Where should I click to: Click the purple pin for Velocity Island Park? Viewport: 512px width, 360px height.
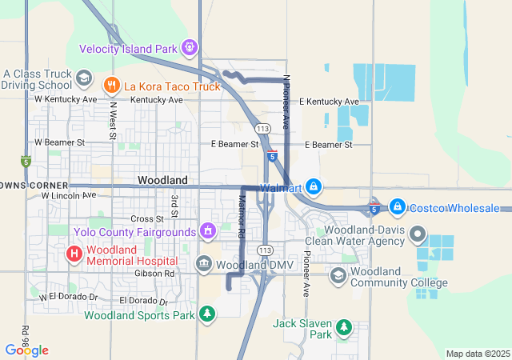(x=190, y=48)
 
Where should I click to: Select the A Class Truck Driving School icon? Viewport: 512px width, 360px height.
(x=83, y=77)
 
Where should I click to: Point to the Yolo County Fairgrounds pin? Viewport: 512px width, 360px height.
(x=208, y=232)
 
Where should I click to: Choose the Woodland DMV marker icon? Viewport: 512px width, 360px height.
(x=204, y=264)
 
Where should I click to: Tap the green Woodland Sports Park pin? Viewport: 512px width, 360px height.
(x=207, y=314)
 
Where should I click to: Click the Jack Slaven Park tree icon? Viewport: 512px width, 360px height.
(x=344, y=326)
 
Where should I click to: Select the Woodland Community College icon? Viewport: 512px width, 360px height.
(x=338, y=276)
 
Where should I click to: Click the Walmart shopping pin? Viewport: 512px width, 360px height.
(x=313, y=187)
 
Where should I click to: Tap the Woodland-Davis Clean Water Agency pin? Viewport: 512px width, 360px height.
(x=417, y=235)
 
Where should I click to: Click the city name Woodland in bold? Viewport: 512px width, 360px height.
(x=162, y=181)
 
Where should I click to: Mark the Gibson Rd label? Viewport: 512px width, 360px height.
(x=158, y=273)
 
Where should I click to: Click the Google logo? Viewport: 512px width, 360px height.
(x=26, y=350)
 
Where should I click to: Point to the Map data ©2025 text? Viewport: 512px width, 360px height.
(x=477, y=354)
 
